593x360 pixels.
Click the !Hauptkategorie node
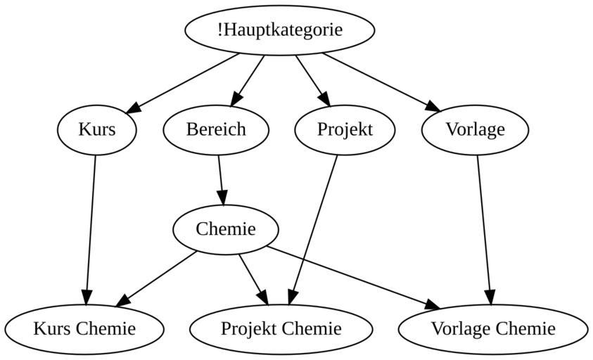pos(279,30)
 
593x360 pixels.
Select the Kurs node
pos(96,129)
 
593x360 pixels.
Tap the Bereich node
pos(216,129)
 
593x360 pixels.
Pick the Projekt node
pos(345,129)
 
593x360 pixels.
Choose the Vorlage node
pos(475,129)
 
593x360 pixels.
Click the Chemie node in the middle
pos(226,229)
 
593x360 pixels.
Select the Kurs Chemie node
pos(84,328)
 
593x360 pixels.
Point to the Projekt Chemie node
pos(281,328)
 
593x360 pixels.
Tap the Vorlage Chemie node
pos(492,328)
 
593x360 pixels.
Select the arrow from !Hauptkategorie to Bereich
pos(248,79)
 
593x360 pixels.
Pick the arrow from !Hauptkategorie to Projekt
pos(312,79)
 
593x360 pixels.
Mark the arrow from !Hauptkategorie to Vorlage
pos(381,82)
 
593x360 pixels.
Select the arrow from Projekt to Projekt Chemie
pos(314,229)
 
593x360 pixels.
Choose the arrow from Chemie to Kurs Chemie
pos(157,278)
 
